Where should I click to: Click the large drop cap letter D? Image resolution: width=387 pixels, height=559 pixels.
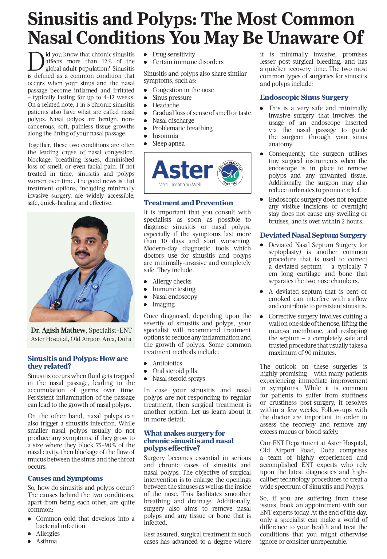coord(36,61)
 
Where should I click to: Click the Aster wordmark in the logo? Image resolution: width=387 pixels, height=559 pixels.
coord(182,170)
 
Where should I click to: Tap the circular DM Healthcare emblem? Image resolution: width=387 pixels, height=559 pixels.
coord(230,173)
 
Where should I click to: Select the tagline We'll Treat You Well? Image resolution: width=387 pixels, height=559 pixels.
coord(180,185)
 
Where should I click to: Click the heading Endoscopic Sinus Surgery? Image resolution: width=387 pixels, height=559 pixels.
coord(304,97)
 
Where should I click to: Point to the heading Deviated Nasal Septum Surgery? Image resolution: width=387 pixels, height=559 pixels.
coord(313,235)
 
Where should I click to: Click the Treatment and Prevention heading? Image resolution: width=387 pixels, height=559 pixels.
coord(188,203)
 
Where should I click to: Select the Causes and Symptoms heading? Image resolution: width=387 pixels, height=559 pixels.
coord(65,478)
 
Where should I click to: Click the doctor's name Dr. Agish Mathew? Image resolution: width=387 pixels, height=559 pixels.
coord(58,330)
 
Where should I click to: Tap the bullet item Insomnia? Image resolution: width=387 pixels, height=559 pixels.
coord(165,136)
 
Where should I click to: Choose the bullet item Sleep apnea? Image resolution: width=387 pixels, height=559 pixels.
coord(168,143)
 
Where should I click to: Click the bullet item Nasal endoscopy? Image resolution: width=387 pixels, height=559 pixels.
coord(175,297)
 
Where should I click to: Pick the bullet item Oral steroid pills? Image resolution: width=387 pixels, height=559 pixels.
coord(174,371)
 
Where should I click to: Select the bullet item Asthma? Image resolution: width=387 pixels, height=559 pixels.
coord(46,541)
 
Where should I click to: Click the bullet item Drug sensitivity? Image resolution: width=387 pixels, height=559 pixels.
coord(174,54)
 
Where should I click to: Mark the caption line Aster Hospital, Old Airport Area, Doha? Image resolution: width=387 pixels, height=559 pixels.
coord(81,339)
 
